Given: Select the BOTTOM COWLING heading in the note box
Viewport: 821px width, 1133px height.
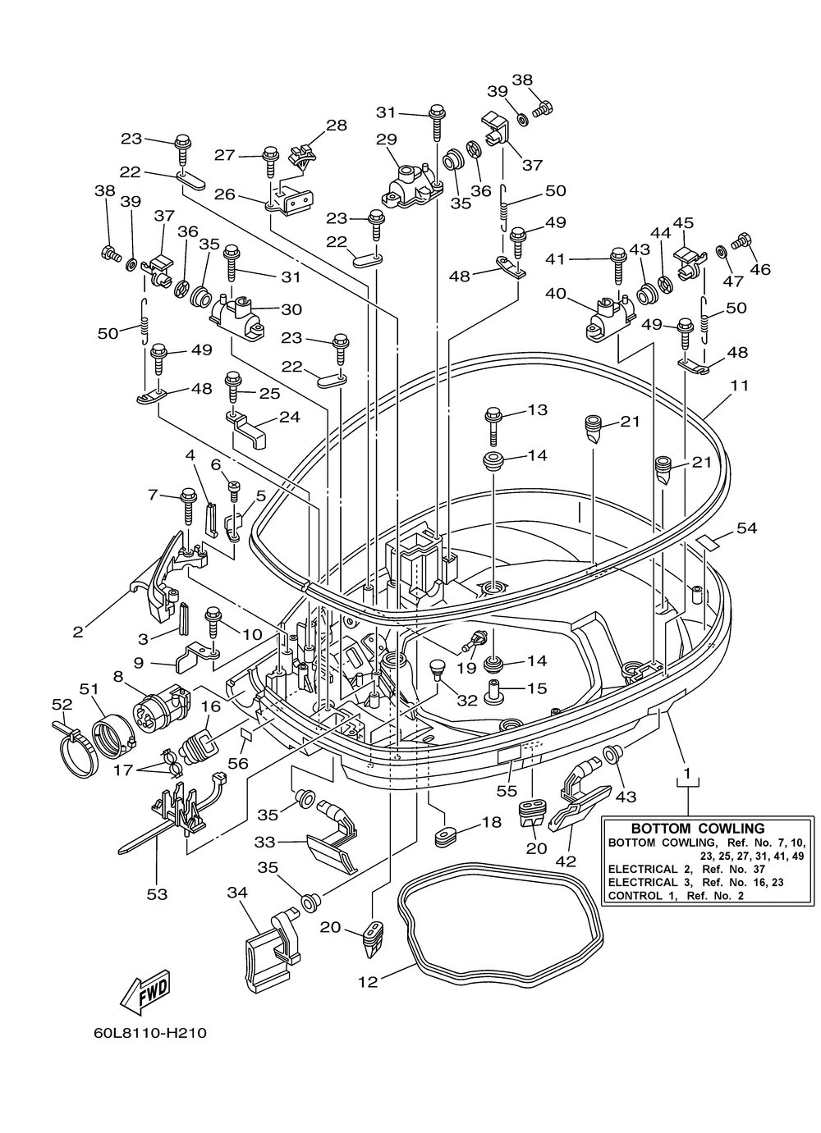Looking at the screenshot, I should click(x=697, y=829).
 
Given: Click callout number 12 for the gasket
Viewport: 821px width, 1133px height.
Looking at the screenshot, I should click(x=368, y=981).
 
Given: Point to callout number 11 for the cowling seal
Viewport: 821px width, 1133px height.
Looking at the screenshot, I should click(x=740, y=385).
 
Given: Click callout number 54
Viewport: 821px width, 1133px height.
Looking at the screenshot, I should click(x=746, y=529).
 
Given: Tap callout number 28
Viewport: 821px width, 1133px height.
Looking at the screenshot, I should click(x=336, y=126).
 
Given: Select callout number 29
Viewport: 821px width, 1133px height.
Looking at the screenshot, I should click(x=387, y=140).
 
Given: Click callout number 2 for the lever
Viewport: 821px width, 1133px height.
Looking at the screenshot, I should click(x=78, y=632).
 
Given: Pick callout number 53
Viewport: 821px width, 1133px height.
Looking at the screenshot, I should click(x=156, y=893).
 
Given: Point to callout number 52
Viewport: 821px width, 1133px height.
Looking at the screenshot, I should click(x=62, y=704).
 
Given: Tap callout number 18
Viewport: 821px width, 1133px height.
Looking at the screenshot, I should click(x=492, y=821).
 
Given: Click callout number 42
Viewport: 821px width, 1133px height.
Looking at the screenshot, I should click(x=566, y=861).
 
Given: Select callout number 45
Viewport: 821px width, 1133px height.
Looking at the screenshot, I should click(x=683, y=223).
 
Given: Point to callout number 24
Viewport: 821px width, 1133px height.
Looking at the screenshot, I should click(x=289, y=417).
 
